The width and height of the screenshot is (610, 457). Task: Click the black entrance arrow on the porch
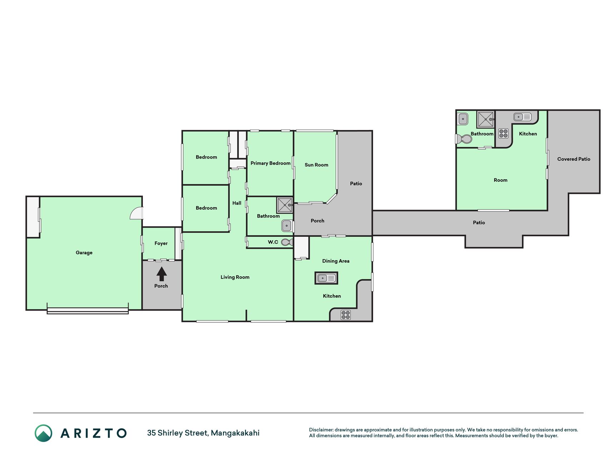(162, 274)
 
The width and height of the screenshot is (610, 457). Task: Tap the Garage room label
(84, 253)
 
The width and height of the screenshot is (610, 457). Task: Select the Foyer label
(161, 243)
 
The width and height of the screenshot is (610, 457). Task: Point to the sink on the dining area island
(326, 278)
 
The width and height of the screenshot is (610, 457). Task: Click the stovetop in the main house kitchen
(346, 315)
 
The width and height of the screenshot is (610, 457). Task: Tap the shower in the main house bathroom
(285, 205)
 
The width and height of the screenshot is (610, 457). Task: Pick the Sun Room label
(316, 165)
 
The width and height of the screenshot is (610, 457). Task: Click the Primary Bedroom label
(271, 163)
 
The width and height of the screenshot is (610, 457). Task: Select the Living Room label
(235, 277)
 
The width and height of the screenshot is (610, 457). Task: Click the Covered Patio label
(574, 159)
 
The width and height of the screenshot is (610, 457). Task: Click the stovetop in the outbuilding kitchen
(504, 134)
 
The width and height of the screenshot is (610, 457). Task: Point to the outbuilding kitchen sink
(522, 117)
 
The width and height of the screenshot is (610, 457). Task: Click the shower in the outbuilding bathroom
(486, 120)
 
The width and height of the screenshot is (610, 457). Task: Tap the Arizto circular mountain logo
(44, 433)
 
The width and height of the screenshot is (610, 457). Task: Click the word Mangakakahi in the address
(235, 433)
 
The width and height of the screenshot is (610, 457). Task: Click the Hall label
(237, 203)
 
